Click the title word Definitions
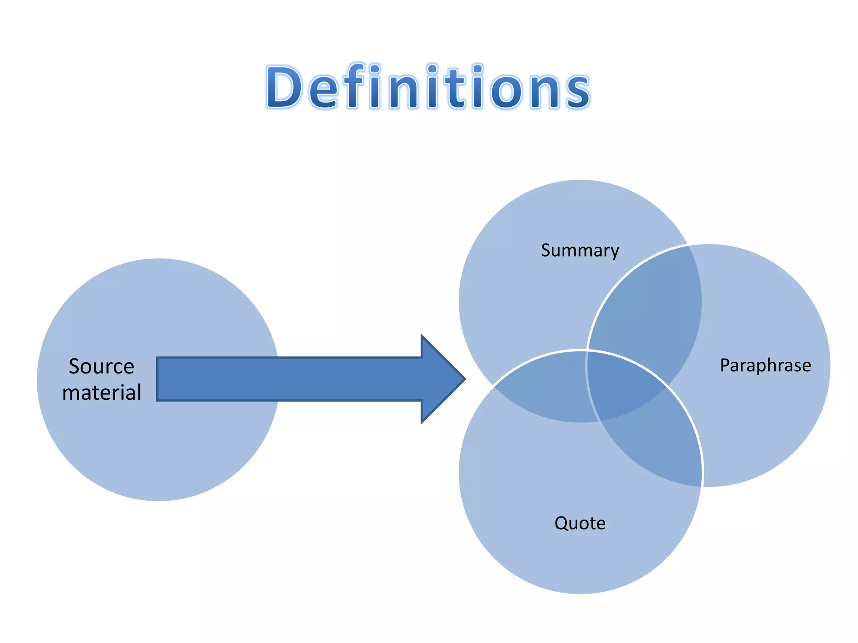click(x=428, y=87)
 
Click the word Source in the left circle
click(x=101, y=366)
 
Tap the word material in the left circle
click(x=101, y=393)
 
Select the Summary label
click(x=580, y=250)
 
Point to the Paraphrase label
click(x=765, y=365)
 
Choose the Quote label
click(x=580, y=523)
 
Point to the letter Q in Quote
click(x=562, y=523)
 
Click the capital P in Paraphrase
click(x=725, y=365)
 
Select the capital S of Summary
click(x=546, y=250)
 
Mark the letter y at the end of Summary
click(x=615, y=252)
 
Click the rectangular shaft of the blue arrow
click(x=289, y=379)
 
